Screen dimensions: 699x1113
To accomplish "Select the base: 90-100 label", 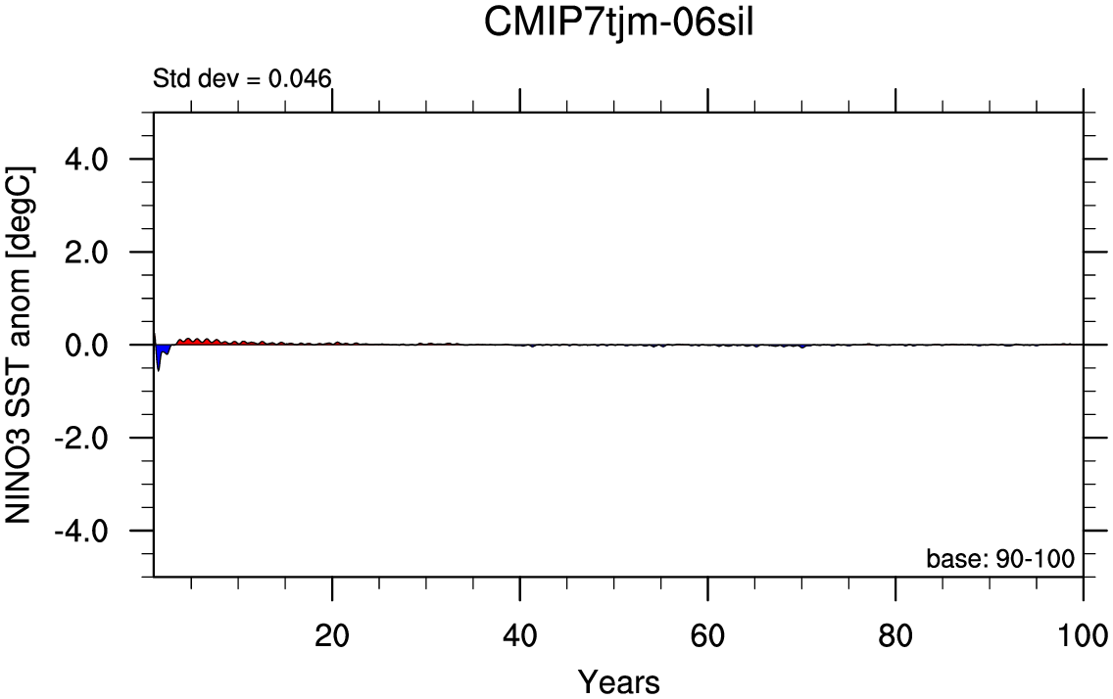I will pyautogui.click(x=1000, y=559).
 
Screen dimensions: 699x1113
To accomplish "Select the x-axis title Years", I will pyautogui.click(x=618, y=680).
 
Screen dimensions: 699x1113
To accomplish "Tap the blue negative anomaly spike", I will pyautogui.click(x=161, y=353).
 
